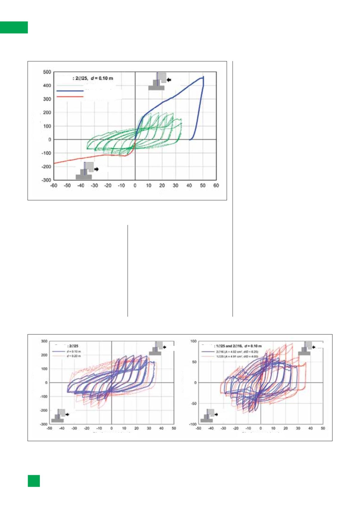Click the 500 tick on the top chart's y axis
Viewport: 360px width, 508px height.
coord(47,72)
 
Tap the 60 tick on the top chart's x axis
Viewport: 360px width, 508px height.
coord(216,186)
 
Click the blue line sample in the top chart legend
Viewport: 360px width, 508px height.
coord(70,91)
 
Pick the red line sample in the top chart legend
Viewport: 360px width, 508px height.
coord(70,96)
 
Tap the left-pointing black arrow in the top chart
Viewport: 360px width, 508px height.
coord(169,80)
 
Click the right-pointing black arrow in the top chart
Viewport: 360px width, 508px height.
coord(96,169)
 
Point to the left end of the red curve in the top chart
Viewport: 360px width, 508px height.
coord(54,163)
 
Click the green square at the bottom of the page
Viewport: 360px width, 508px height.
coord(34,481)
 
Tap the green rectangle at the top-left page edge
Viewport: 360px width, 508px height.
coord(14,27)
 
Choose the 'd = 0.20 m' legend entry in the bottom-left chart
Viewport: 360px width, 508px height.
coord(73,356)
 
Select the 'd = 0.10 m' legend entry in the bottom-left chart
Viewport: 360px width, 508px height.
coord(73,352)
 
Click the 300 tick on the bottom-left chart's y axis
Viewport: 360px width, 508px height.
coord(44,341)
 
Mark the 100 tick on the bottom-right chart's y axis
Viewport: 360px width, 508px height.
coord(193,341)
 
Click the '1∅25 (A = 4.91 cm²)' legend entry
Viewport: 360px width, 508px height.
coord(237,356)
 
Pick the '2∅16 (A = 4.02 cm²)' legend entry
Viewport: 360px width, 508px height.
coord(237,352)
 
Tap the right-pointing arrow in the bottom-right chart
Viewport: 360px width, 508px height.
coord(216,414)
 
